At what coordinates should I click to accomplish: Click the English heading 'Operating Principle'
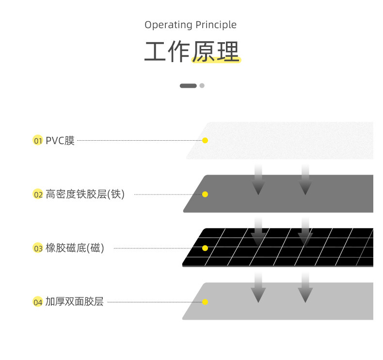click(191, 25)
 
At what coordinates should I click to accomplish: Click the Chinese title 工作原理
click(192, 52)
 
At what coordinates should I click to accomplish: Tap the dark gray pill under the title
click(188, 86)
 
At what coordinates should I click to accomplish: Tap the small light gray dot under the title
click(202, 86)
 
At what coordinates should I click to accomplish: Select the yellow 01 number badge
click(38, 141)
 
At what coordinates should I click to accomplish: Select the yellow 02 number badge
click(38, 195)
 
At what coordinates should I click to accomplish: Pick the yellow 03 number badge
click(38, 248)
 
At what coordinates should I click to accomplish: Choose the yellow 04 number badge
click(38, 302)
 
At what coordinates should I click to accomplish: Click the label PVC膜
click(60, 141)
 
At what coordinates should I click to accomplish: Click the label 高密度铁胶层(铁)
click(85, 195)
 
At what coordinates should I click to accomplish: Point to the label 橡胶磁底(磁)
click(75, 248)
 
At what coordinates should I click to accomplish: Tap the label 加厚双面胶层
click(75, 302)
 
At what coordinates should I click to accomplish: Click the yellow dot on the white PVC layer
click(205, 140)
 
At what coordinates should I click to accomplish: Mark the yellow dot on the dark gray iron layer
click(205, 194)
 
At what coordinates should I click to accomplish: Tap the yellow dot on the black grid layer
click(205, 248)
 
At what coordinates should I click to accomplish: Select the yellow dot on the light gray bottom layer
click(205, 302)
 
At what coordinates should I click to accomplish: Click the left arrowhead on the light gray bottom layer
click(258, 293)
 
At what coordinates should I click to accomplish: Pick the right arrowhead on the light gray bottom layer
click(305, 293)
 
